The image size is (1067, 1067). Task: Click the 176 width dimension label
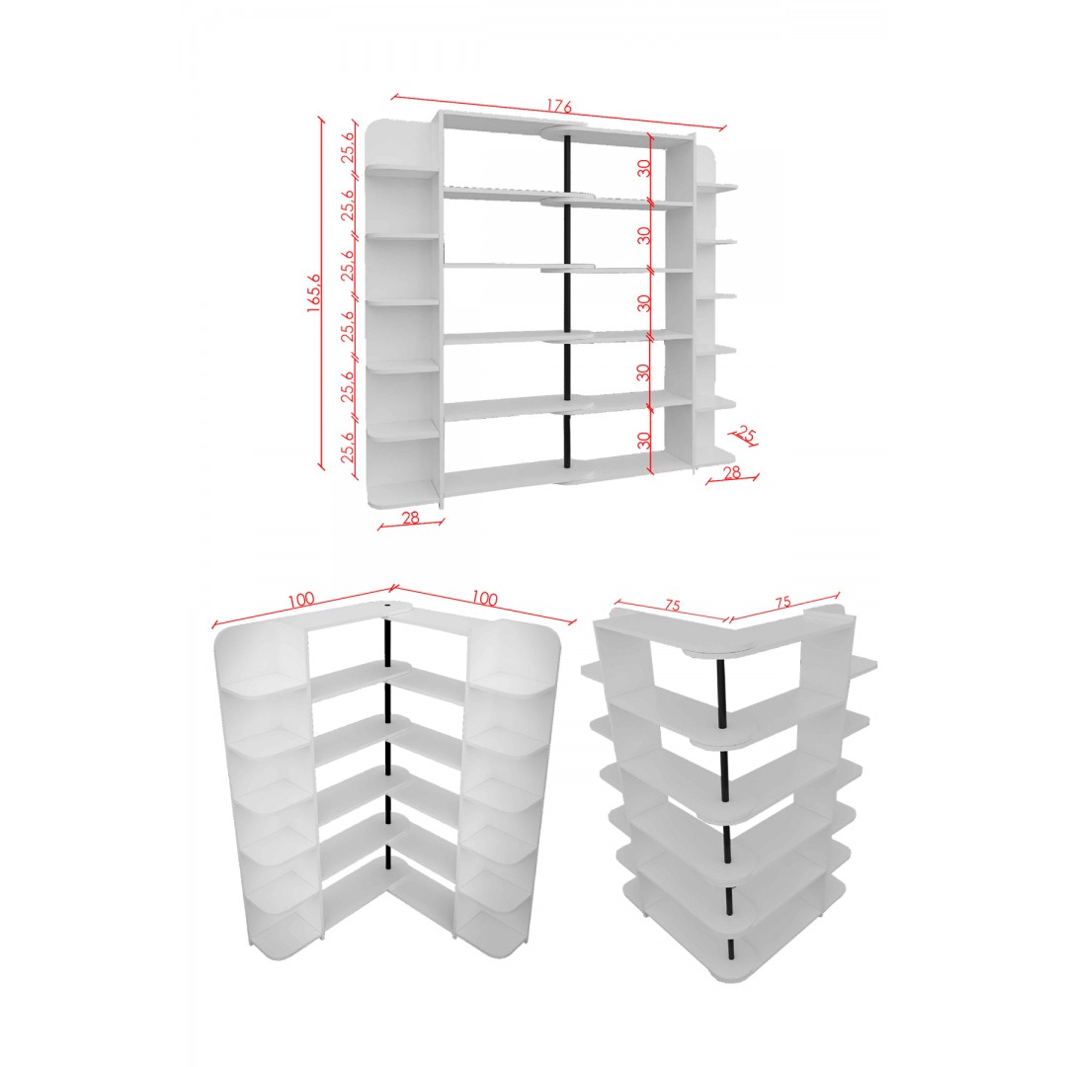pyautogui.click(x=558, y=106)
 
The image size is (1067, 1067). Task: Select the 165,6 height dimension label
pyautogui.click(x=314, y=292)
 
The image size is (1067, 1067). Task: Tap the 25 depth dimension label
pyautogui.click(x=747, y=434)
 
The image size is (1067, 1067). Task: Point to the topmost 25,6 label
pyautogui.click(x=348, y=145)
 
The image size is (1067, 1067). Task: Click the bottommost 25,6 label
pyautogui.click(x=348, y=448)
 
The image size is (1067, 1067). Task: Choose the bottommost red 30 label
pyautogui.click(x=644, y=441)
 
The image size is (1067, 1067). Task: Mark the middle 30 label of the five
pyautogui.click(x=644, y=303)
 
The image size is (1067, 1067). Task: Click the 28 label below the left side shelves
pyautogui.click(x=410, y=518)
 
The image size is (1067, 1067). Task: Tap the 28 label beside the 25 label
pyautogui.click(x=731, y=472)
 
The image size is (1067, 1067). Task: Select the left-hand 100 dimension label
pyautogui.click(x=300, y=599)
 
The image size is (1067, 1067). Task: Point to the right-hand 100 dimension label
pyautogui.click(x=484, y=598)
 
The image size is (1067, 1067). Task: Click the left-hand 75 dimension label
pyautogui.click(x=673, y=605)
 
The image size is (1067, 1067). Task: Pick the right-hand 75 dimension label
pyautogui.click(x=782, y=603)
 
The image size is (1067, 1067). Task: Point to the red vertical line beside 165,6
pyautogui.click(x=322, y=293)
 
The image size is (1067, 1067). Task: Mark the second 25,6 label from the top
pyautogui.click(x=348, y=205)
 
